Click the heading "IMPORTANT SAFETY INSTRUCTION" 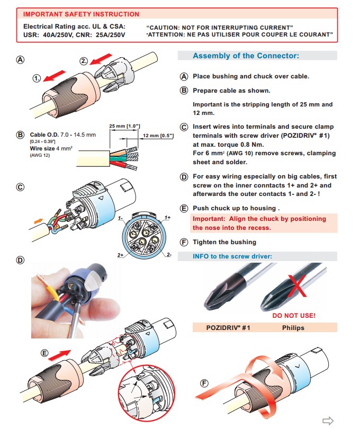pyautogui.click(x=81, y=14)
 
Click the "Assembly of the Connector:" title pyautogui.click(x=246, y=56)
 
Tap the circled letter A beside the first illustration pyautogui.click(x=20, y=59)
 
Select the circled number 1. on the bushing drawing pyautogui.click(x=37, y=78)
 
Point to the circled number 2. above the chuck pyautogui.click(x=84, y=61)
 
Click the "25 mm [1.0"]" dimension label pyautogui.click(x=124, y=126)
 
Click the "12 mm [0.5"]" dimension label pyautogui.click(x=156, y=136)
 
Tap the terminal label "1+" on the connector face pyautogui.click(x=167, y=217)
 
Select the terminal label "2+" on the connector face pyautogui.click(x=120, y=255)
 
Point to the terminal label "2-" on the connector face pyautogui.click(x=169, y=255)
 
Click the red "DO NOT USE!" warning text pyautogui.click(x=294, y=316)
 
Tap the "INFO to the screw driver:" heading pyautogui.click(x=232, y=256)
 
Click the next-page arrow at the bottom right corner pyautogui.click(x=328, y=421)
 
